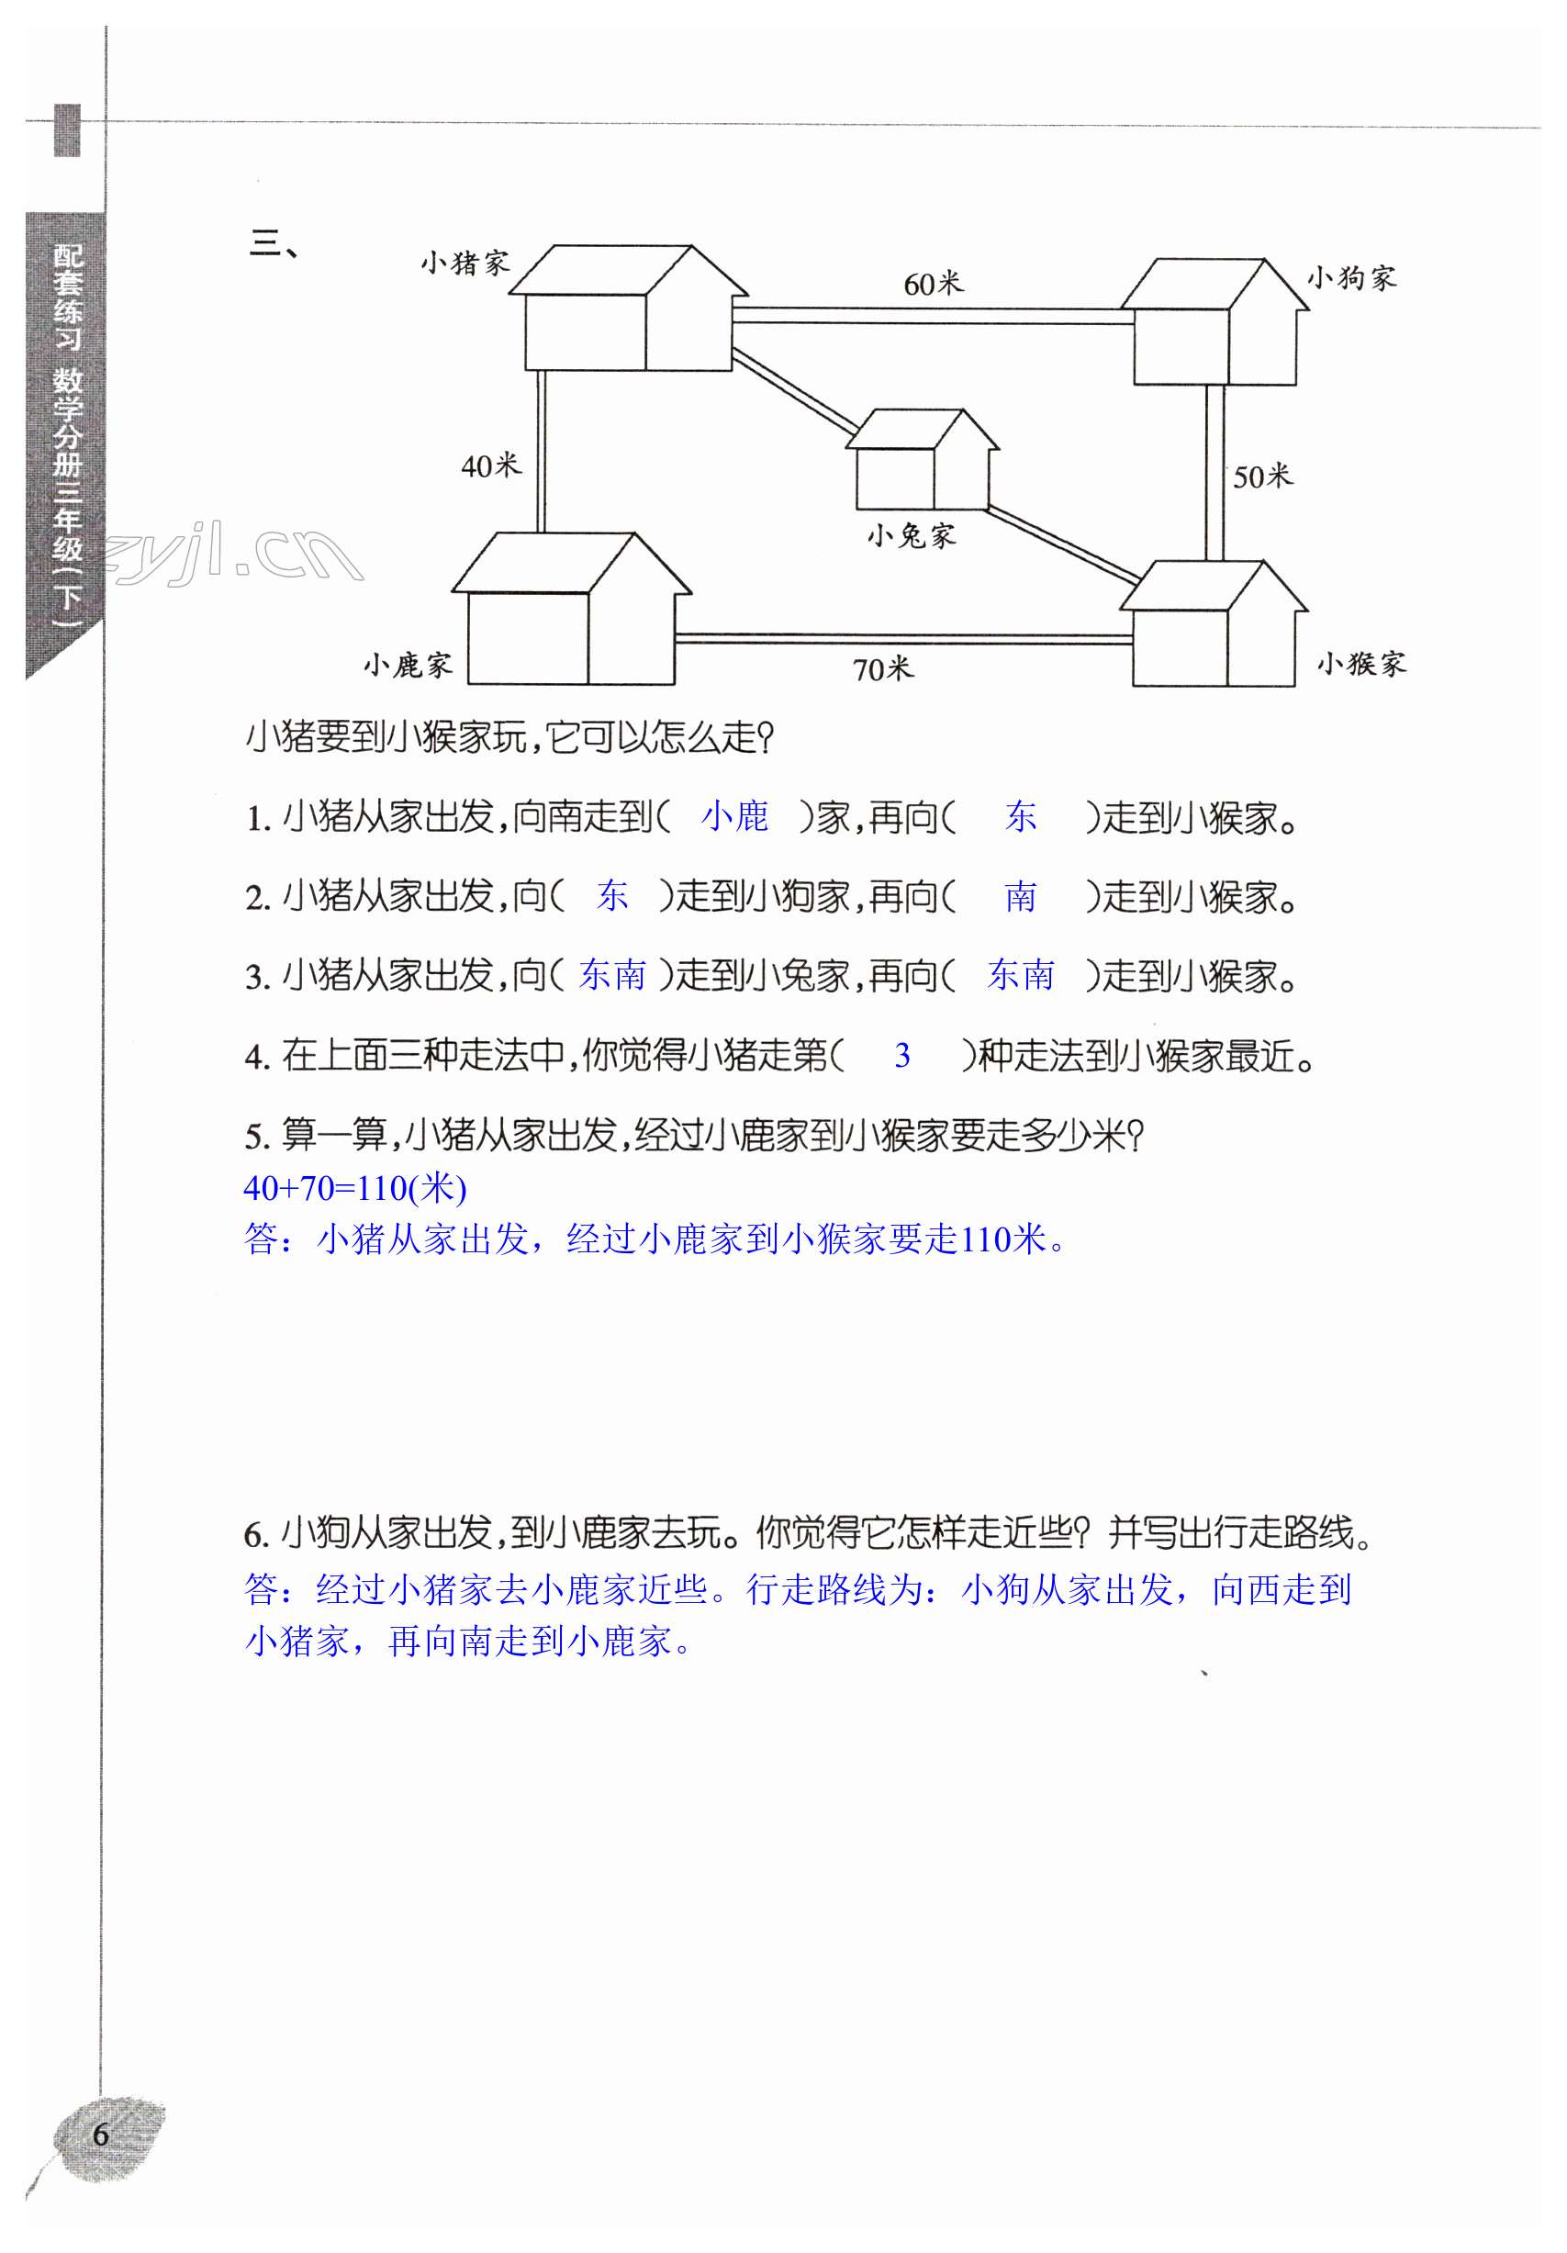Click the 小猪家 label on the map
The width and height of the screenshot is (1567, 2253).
(465, 263)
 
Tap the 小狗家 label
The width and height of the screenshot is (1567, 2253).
(1350, 279)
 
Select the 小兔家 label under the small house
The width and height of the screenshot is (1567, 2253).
(911, 536)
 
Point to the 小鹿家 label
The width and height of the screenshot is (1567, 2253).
(408, 666)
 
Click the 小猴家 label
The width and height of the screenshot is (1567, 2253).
(1361, 665)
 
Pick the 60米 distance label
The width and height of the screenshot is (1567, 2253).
(934, 285)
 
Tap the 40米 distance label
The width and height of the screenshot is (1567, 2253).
(490, 465)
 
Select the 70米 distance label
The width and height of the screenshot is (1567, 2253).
(882, 669)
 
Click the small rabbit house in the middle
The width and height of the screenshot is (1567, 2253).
(921, 461)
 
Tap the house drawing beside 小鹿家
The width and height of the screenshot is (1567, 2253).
(571, 611)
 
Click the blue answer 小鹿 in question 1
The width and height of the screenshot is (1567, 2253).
(735, 816)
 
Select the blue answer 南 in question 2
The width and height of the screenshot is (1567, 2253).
(1020, 896)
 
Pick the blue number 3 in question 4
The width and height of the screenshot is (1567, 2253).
(901, 1055)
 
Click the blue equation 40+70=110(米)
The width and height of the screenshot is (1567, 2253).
(354, 1188)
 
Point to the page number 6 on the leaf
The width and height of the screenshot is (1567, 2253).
(100, 2135)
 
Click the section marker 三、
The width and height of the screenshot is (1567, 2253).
(274, 243)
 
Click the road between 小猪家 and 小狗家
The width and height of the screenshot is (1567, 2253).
(932, 315)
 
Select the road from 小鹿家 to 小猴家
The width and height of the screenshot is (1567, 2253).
(902, 639)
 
